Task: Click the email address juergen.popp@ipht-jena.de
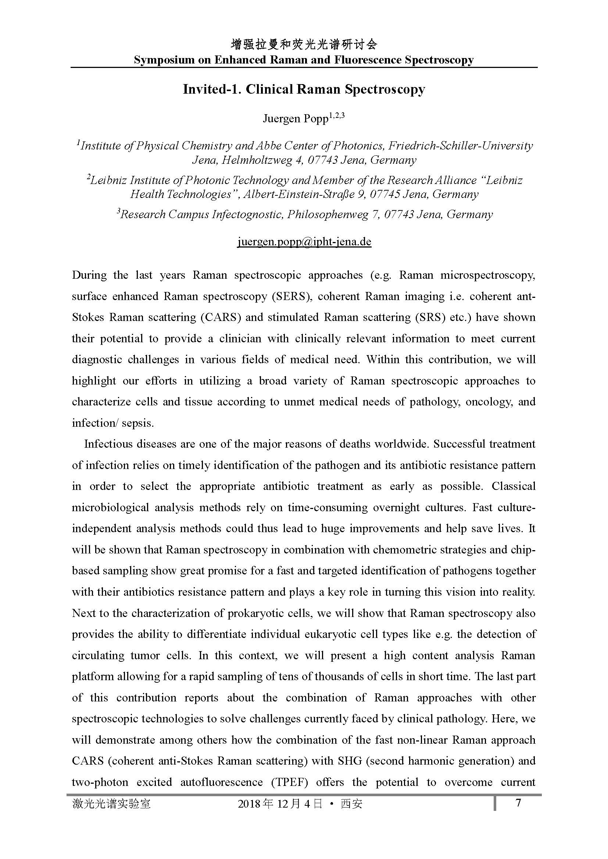tap(304, 242)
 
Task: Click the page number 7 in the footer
tap(518, 802)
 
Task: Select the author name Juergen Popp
tap(296, 119)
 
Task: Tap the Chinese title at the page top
tap(304, 45)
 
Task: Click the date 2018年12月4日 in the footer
tap(280, 804)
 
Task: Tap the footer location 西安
tap(351, 804)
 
